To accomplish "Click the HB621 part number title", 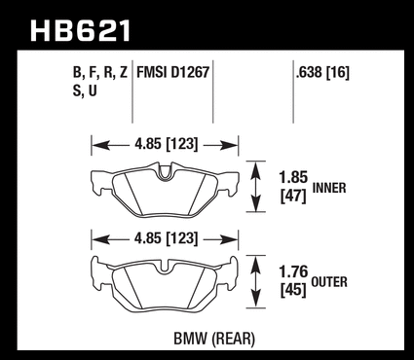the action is point(81,31).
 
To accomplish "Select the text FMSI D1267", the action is point(172,72).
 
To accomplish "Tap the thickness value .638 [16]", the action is point(322,73).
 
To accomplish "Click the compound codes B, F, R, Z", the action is point(100,73).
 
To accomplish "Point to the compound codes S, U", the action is point(85,90).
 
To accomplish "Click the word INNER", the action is point(329,188).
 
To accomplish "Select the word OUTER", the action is point(329,282).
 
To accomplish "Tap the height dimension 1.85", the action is point(293,177).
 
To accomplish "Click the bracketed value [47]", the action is point(293,196).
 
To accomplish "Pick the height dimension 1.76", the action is point(293,271).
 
